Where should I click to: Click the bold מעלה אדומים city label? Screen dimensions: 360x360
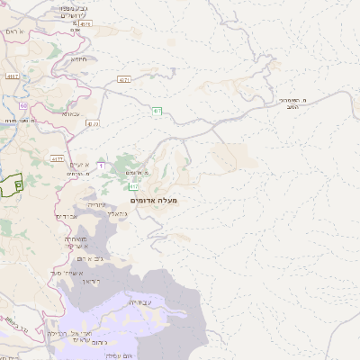tap(154, 199)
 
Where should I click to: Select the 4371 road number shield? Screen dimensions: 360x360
tap(123, 79)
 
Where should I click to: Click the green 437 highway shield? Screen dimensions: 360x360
tap(157, 111)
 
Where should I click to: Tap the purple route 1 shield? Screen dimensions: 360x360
tap(101, 166)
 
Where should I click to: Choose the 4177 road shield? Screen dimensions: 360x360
tap(58, 158)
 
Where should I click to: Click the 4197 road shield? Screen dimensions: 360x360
tap(13, 76)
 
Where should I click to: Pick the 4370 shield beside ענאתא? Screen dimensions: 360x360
tap(94, 122)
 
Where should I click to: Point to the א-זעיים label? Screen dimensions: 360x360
tap(83, 165)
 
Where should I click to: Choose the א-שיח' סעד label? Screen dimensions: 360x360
tap(67, 272)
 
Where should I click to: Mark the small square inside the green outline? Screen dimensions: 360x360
tap(18, 183)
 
